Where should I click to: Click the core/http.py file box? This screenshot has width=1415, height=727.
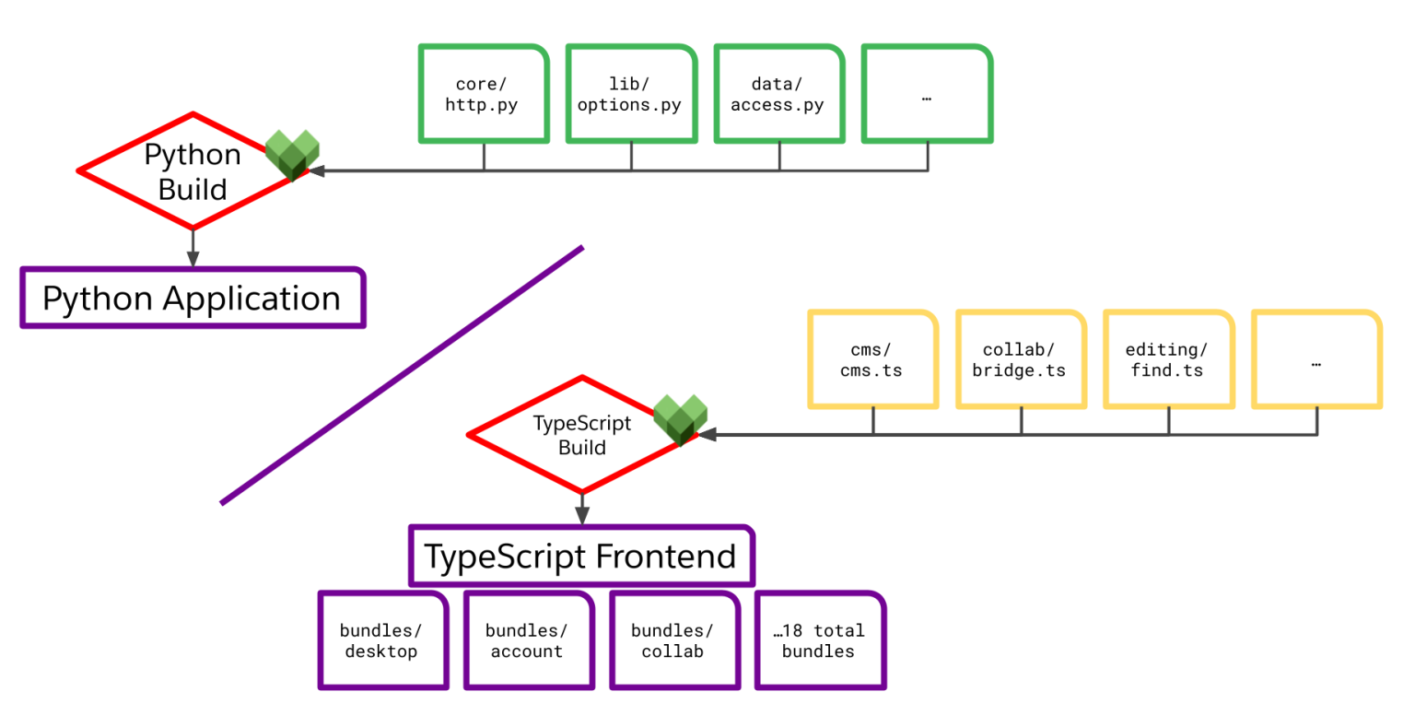point(484,94)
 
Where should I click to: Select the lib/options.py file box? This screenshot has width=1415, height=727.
point(631,94)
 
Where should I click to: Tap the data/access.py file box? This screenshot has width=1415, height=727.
point(779,94)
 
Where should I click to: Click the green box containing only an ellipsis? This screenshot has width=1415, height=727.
point(927,94)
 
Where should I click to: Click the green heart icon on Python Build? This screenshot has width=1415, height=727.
point(293,154)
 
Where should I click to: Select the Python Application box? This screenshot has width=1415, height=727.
point(193,298)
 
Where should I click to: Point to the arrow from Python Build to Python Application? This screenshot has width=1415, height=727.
point(193,248)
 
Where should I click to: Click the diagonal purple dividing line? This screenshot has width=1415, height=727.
point(402,375)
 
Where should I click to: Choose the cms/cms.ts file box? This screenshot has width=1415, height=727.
point(872,359)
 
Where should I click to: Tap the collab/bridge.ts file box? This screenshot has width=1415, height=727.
point(1021,359)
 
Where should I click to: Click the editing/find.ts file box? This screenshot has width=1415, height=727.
point(1168,359)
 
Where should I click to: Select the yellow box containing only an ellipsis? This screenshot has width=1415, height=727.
point(1316,359)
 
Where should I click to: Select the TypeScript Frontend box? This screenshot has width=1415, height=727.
point(581,556)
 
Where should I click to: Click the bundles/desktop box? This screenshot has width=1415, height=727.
point(382,640)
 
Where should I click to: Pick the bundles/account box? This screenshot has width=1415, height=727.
point(528,640)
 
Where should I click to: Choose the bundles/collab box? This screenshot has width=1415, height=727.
point(673,640)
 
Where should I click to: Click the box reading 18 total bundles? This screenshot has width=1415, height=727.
point(819,640)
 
